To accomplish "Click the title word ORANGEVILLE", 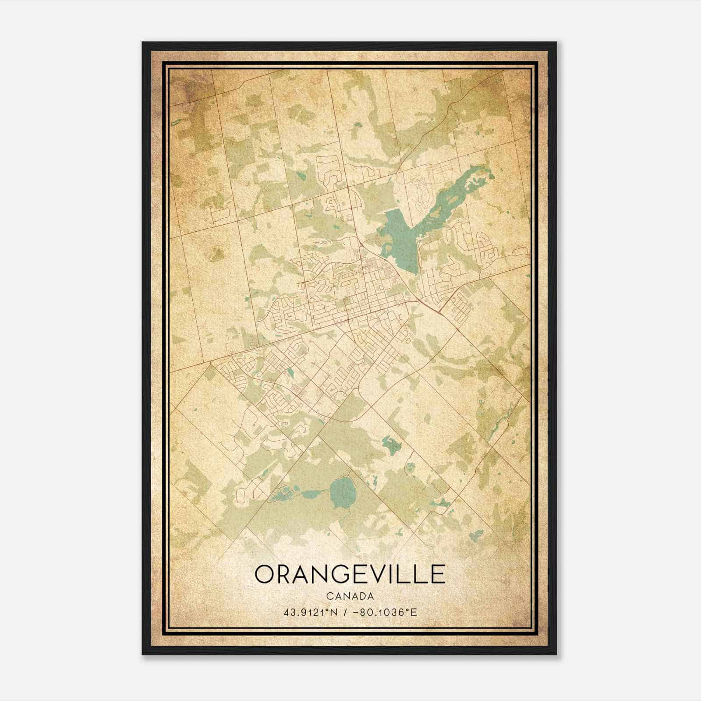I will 350,574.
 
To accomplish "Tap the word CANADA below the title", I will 350,596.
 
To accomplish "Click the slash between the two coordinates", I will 347,612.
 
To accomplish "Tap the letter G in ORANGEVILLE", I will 340,574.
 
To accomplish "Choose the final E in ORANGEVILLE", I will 439,574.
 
